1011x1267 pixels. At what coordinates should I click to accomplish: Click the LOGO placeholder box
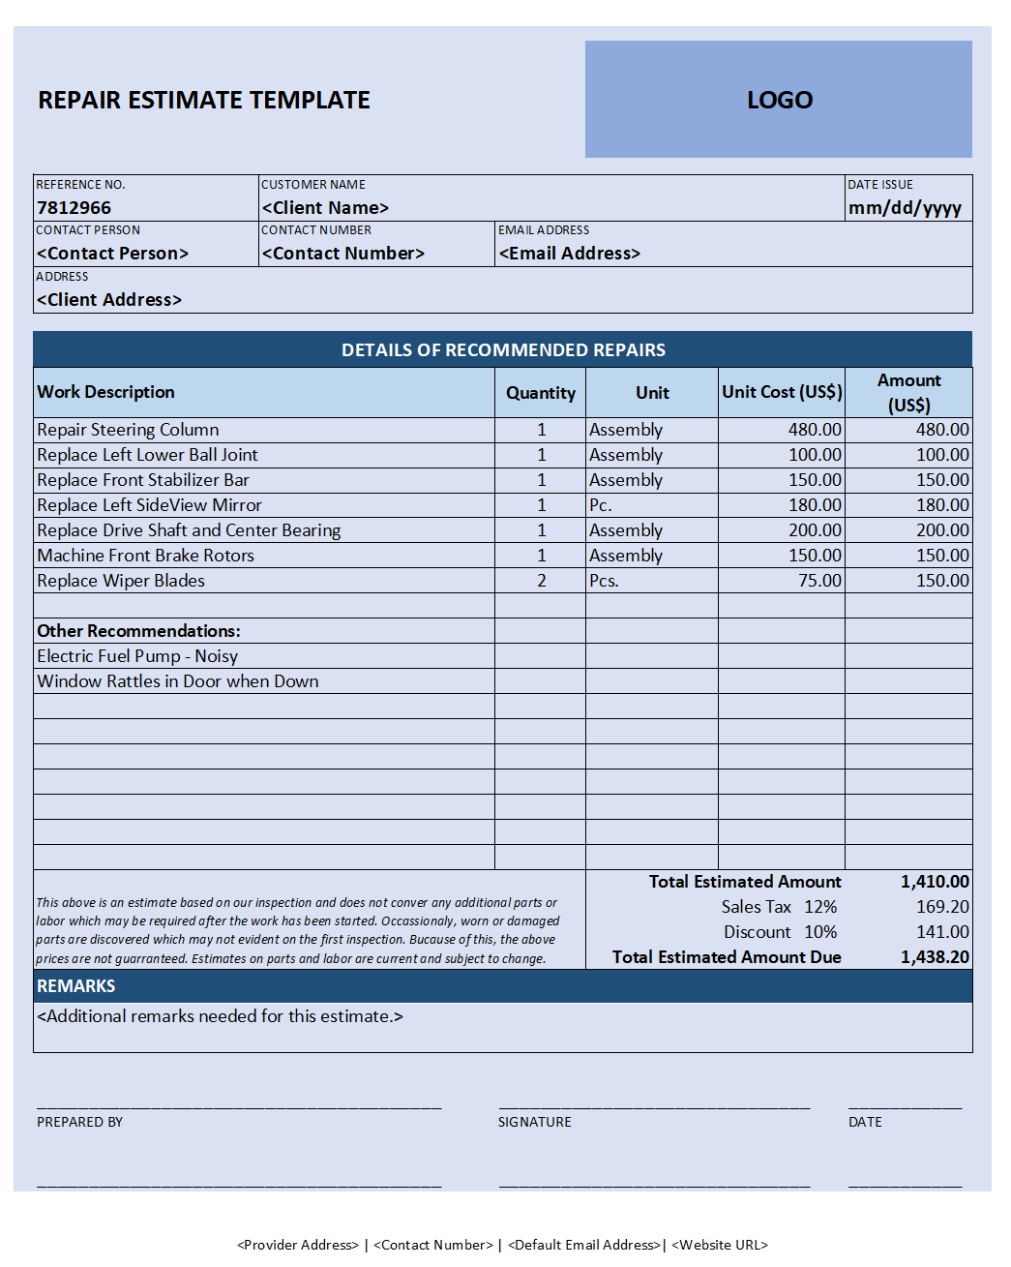[x=778, y=99]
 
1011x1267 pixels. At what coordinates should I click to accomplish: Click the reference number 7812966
[x=74, y=208]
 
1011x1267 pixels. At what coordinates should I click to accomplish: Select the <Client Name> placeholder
[x=325, y=208]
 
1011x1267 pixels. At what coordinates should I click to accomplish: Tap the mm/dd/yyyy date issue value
[x=905, y=208]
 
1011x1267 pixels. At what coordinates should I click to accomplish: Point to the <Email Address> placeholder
[x=570, y=254]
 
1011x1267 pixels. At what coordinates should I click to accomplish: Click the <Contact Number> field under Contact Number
[x=343, y=254]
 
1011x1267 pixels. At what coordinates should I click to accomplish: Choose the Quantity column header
[x=540, y=393]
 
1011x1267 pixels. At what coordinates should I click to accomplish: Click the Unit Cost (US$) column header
[x=782, y=392]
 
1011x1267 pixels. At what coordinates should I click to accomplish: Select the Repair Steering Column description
[x=128, y=430]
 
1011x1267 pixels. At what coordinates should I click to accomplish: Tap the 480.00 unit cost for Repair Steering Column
[x=815, y=430]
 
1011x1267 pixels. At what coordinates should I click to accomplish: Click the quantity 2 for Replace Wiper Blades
[x=542, y=581]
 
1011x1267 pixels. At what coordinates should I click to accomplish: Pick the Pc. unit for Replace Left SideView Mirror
[x=601, y=505]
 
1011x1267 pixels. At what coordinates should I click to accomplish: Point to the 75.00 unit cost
[x=819, y=581]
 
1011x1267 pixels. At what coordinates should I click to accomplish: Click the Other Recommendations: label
[x=138, y=631]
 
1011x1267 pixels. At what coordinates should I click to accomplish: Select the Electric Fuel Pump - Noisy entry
[x=137, y=656]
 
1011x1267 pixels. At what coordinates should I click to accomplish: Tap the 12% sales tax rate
[x=820, y=907]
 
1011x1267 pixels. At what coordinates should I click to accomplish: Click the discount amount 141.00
[x=942, y=932]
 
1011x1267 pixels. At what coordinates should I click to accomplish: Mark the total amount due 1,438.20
[x=935, y=957]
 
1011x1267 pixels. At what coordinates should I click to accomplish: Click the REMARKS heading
[x=76, y=986]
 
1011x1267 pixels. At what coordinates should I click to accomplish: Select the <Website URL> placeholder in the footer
[x=720, y=1245]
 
